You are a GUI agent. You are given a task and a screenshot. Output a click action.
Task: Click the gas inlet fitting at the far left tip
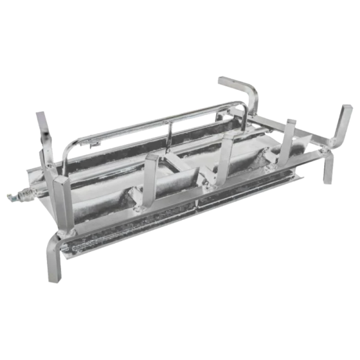(x=11, y=195)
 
